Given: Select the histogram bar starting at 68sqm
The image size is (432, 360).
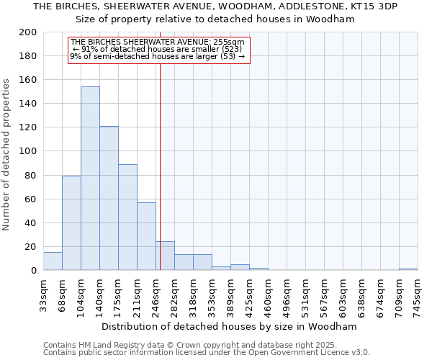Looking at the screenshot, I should tap(71, 223).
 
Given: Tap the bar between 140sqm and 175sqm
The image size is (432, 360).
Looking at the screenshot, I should tap(109, 199).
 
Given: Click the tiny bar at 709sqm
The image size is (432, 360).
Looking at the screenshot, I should tap(408, 269).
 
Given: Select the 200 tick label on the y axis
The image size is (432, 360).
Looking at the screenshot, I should tap(29, 32).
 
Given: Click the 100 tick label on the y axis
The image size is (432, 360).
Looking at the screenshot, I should tap(29, 151).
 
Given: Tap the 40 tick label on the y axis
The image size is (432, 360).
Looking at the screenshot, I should tap(32, 223).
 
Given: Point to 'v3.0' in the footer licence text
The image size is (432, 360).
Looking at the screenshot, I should tap(361, 353).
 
